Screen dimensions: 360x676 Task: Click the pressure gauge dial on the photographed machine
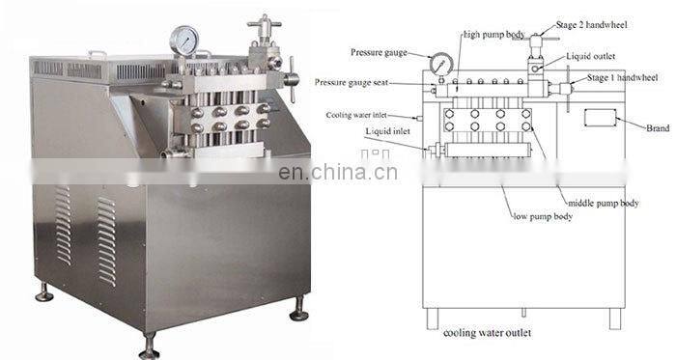pos(183,40)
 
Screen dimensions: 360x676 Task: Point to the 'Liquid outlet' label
pos(590,56)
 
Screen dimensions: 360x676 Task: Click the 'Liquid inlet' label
pos(387,130)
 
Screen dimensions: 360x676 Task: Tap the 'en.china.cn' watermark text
pos(337,173)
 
